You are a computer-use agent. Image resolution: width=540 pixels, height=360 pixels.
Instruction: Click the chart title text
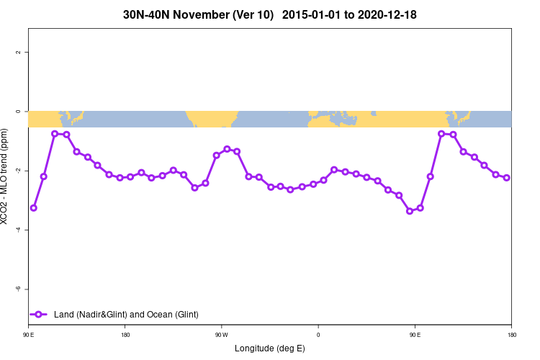pos(270,14)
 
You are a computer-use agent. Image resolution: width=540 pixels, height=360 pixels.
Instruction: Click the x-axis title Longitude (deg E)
pos(270,348)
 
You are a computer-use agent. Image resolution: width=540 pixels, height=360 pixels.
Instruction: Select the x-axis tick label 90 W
pos(221,335)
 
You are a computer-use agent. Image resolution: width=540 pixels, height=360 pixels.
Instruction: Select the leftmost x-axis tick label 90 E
pos(28,335)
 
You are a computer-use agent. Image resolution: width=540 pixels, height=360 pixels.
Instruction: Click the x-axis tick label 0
pos(318,335)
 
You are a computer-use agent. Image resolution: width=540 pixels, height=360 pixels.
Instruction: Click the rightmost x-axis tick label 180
pos(511,335)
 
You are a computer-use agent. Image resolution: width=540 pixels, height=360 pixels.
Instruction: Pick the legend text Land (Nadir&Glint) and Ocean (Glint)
pos(126,315)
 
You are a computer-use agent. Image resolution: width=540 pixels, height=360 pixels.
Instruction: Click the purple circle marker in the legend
pos(39,315)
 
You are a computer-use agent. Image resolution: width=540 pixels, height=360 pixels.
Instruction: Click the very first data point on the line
pos(33,208)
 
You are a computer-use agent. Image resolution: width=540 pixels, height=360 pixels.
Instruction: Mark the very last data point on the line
pos(506,178)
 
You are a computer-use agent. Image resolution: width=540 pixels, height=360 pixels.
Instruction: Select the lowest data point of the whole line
pos(410,211)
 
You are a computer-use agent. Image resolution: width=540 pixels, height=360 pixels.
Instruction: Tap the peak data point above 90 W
pos(227,149)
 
